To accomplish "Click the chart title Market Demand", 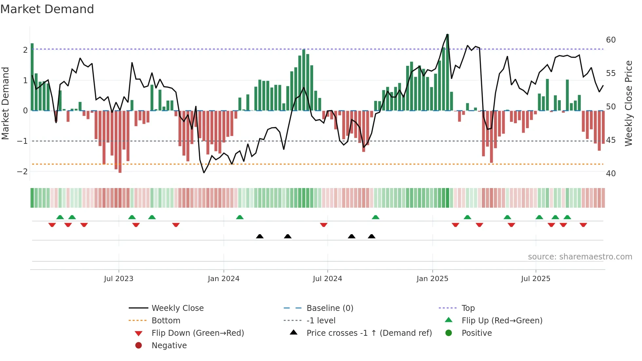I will coord(47,9).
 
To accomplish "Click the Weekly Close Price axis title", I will coord(628,103).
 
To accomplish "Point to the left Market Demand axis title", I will coord(5,103).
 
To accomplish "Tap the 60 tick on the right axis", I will coord(611,40).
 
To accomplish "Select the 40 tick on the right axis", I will coord(611,173).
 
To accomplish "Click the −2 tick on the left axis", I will coord(22,171).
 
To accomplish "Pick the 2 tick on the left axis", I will coord(25,50).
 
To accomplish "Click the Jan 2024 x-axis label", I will coord(223,279).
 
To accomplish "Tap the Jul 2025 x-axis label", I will coord(536,279).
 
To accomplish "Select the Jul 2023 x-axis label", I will coord(119,279).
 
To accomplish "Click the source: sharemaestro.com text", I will coord(580,256).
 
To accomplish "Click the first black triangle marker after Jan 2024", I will coord(260,236).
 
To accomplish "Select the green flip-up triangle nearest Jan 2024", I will coord(240,217).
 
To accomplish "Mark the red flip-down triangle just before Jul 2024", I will coord(324,225).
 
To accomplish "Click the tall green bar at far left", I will coord(32,77).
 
